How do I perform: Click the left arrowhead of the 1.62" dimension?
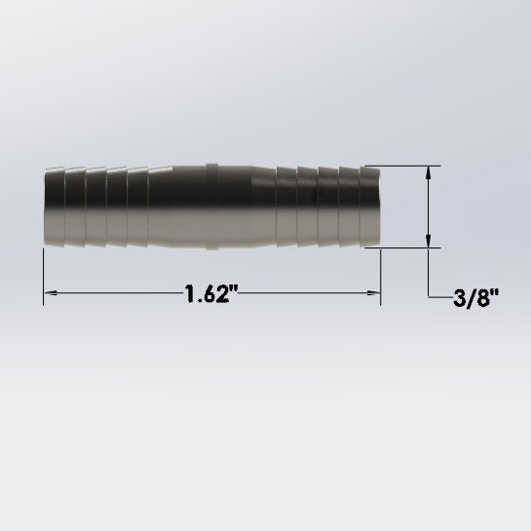click(51, 292)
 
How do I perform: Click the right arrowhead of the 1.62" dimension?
click(373, 292)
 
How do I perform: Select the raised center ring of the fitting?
click(211, 207)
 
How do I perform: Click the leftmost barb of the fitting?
click(54, 207)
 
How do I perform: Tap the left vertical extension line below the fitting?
click(43, 278)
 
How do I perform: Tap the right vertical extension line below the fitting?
click(381, 278)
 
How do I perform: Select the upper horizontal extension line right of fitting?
click(404, 166)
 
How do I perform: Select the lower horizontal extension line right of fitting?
click(404, 247)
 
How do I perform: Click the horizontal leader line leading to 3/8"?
click(440, 296)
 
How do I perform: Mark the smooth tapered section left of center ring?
click(175, 207)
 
